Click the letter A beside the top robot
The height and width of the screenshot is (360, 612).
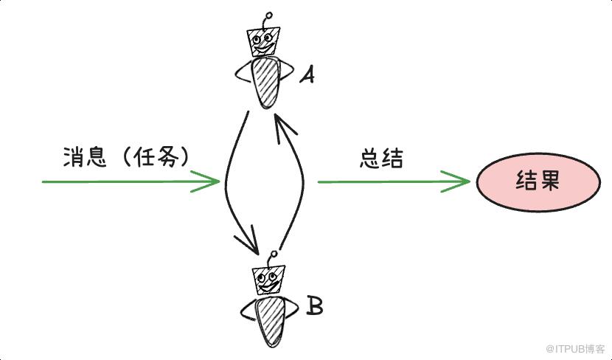click(307, 75)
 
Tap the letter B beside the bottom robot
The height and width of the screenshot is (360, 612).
click(315, 305)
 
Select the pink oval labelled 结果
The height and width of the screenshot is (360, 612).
click(538, 182)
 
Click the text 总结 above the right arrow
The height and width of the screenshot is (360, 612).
click(381, 159)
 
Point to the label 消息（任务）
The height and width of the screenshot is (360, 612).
click(126, 157)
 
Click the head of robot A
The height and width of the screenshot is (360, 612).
click(263, 41)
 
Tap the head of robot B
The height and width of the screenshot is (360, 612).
click(268, 280)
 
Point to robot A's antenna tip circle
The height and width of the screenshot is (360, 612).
click(268, 15)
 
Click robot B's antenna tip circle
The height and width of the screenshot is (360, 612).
click(274, 255)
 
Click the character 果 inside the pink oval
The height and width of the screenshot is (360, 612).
click(549, 181)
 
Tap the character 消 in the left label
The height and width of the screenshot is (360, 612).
click(73, 157)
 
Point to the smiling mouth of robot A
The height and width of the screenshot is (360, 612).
click(264, 49)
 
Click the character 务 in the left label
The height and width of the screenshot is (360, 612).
click(167, 157)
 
